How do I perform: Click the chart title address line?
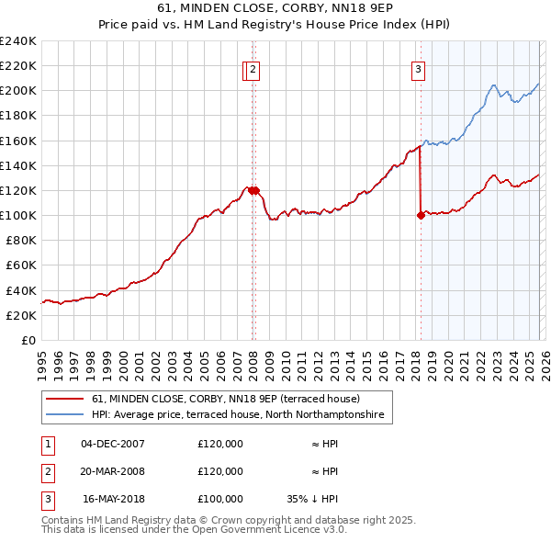click(275, 8)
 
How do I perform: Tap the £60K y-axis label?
click(21, 265)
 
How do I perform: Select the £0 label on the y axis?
click(28, 340)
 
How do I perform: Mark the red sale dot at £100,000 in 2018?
click(421, 215)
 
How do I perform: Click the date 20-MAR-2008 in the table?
click(113, 471)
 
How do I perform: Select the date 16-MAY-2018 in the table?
click(114, 499)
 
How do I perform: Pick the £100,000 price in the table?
click(219, 499)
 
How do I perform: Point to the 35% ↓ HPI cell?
click(312, 499)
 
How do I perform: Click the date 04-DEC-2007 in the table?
click(113, 444)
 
